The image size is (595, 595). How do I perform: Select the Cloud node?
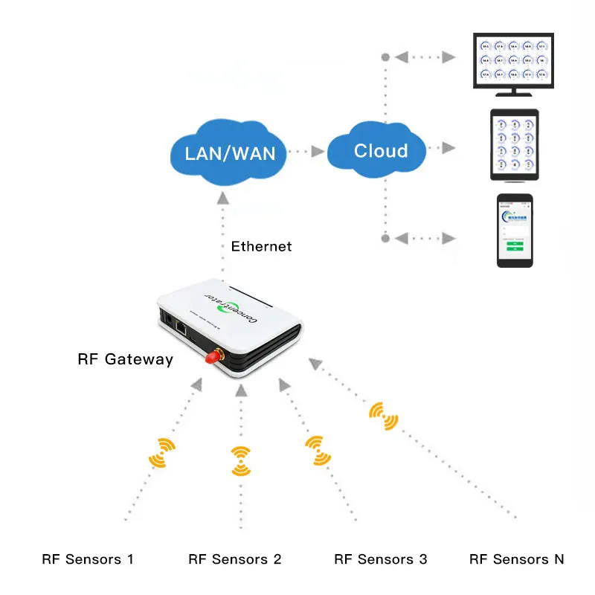coord(380,150)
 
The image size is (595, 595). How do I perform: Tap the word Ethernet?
coord(261,246)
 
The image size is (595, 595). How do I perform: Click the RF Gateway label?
coord(125,360)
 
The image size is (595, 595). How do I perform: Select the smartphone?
coord(515,230)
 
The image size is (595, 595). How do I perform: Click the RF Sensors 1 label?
coord(88,559)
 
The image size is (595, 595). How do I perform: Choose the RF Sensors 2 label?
coord(235,559)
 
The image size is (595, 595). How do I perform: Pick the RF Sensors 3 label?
coord(381,559)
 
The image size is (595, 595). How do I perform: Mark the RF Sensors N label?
coord(517,559)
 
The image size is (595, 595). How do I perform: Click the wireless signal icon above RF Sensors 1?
coord(163,451)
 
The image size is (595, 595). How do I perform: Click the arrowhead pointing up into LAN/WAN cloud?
coord(222,197)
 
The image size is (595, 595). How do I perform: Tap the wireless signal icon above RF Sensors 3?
coord(318,451)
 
